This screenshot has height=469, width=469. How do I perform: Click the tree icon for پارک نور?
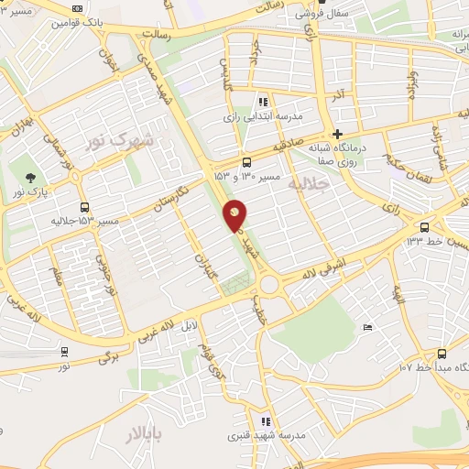(x=33, y=178)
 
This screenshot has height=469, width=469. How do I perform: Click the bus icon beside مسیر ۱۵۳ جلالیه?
(x=85, y=207)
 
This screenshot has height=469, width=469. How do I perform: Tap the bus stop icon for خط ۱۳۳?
(x=424, y=227)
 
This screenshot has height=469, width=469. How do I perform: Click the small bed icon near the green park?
(x=368, y=327)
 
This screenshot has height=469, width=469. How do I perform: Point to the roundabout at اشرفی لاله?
(x=269, y=285)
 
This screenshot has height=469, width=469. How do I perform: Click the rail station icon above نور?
(x=63, y=351)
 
